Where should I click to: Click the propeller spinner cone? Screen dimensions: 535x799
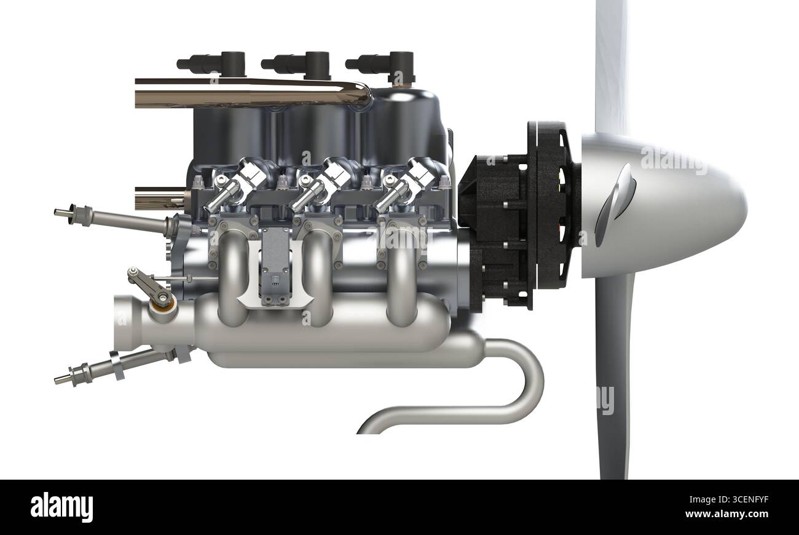click(x=670, y=206)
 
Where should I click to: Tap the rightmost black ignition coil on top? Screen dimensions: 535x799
click(x=384, y=63)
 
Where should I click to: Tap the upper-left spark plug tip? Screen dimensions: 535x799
click(x=61, y=213)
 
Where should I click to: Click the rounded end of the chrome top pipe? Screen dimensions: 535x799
click(x=363, y=94)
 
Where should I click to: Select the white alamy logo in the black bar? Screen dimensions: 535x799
click(x=61, y=507)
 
